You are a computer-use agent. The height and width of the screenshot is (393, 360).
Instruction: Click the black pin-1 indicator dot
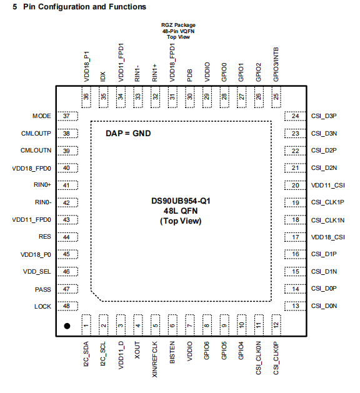[67, 326]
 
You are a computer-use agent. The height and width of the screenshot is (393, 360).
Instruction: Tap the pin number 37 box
[67, 116]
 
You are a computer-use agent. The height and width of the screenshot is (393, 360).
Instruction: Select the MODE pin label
[42, 116]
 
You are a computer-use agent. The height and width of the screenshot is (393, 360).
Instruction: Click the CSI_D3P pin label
[324, 116]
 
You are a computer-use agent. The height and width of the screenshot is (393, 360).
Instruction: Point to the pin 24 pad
[295, 116]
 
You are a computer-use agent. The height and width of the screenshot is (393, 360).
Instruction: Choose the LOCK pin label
[42, 307]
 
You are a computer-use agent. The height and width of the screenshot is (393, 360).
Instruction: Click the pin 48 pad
[67, 306]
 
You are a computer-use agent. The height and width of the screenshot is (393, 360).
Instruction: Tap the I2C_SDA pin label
[86, 354]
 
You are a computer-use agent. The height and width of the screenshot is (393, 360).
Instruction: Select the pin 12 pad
[276, 325]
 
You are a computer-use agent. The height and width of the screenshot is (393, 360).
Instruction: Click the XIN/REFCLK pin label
[154, 359]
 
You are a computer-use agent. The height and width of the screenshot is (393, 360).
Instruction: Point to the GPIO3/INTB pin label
[276, 64]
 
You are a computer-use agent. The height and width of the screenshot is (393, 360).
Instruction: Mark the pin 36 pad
[86, 97]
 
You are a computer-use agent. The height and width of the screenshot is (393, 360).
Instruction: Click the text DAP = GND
[128, 133]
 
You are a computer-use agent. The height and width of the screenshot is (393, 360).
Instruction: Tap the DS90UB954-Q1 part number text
[181, 201]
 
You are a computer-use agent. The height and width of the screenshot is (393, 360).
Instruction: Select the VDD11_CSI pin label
[328, 186]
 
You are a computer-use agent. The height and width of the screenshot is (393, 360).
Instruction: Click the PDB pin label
[190, 76]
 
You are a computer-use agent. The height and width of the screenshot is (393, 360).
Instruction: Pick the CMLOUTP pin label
[36, 134]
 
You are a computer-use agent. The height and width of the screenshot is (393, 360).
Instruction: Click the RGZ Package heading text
[178, 25]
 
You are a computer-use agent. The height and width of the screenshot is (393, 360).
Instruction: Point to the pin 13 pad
[295, 306]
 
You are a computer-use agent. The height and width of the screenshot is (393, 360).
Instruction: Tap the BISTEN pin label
[172, 352]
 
